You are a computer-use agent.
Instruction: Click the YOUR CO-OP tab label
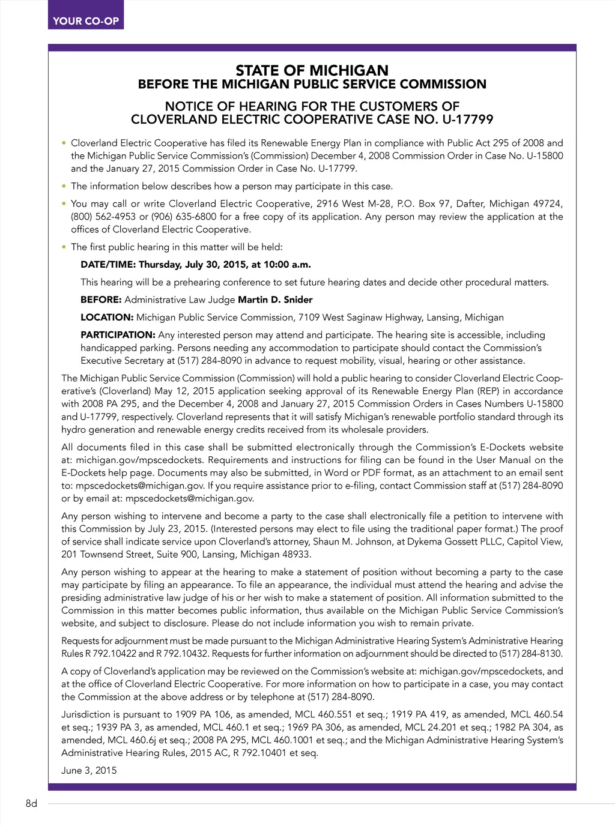point(86,21)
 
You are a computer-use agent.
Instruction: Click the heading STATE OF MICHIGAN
point(312,70)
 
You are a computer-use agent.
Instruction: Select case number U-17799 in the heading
point(468,119)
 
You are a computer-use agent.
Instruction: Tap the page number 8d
point(31,803)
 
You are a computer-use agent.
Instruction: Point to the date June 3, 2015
point(89,770)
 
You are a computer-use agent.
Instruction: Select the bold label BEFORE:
point(101,300)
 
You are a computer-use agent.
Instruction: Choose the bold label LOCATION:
point(107,318)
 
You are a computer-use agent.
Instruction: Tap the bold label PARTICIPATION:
point(118,335)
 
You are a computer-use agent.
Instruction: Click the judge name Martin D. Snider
point(275,300)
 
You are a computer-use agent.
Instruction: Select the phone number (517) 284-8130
point(531,654)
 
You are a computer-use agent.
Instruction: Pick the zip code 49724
point(548,203)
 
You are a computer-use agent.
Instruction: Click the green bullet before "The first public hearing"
point(64,247)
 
